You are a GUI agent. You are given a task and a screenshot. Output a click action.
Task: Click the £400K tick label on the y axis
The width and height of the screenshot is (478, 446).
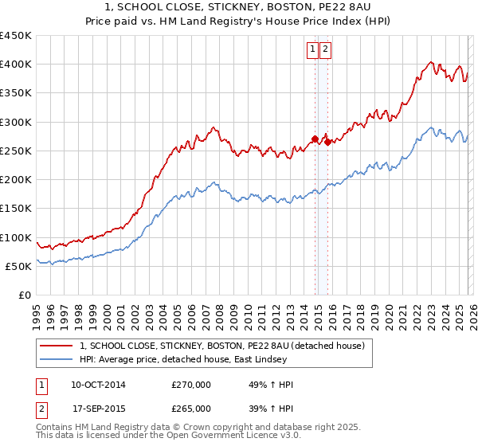(16, 65)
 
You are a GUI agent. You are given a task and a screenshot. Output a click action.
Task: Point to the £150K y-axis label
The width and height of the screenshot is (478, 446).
(16, 209)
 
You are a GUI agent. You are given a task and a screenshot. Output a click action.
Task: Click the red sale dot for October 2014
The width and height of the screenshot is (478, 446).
(315, 139)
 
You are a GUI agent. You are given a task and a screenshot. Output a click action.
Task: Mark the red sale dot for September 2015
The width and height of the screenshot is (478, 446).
(327, 143)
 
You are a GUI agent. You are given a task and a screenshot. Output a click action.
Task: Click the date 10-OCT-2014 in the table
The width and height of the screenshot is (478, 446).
(97, 385)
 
